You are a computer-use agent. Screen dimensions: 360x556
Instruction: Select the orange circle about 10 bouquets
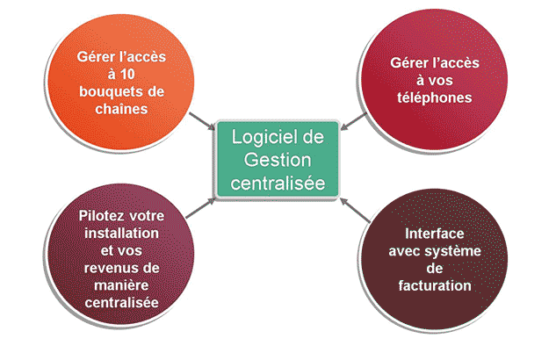120,83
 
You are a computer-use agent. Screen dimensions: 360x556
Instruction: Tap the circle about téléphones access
430,80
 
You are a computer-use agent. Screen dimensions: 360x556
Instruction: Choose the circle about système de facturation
430,258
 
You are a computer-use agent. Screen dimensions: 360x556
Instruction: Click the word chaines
120,109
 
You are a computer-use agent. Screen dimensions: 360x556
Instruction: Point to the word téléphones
430,97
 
